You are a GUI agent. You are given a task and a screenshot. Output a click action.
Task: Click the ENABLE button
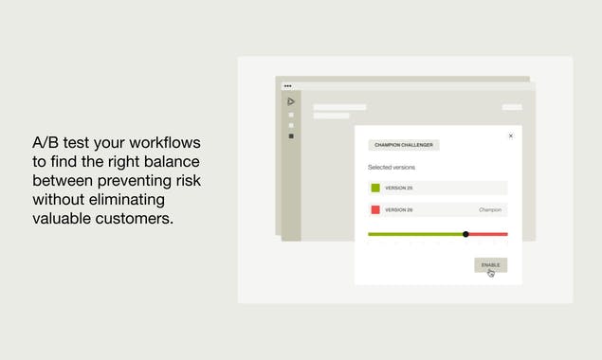click(x=490, y=264)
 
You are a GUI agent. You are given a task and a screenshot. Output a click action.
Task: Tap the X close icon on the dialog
click(x=511, y=135)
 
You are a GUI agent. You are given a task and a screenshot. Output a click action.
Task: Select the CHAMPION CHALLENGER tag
click(x=404, y=145)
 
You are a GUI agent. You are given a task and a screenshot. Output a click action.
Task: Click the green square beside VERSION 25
click(x=375, y=188)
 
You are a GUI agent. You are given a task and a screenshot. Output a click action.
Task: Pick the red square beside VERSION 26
click(x=375, y=209)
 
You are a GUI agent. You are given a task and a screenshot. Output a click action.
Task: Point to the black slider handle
click(x=465, y=234)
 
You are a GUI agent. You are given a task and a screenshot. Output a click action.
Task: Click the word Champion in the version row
click(x=490, y=209)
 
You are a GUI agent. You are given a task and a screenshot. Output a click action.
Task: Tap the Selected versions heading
click(x=392, y=168)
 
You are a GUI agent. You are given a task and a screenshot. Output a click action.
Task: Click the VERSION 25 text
click(x=398, y=188)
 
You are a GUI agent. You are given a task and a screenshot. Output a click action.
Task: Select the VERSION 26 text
click(x=398, y=209)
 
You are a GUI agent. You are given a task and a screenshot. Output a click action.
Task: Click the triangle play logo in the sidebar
click(x=291, y=101)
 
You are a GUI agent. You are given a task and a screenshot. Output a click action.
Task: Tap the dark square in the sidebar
click(x=291, y=136)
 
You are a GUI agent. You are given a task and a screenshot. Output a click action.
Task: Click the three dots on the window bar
click(x=287, y=85)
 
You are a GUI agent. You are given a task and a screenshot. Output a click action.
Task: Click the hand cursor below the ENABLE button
click(x=491, y=274)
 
